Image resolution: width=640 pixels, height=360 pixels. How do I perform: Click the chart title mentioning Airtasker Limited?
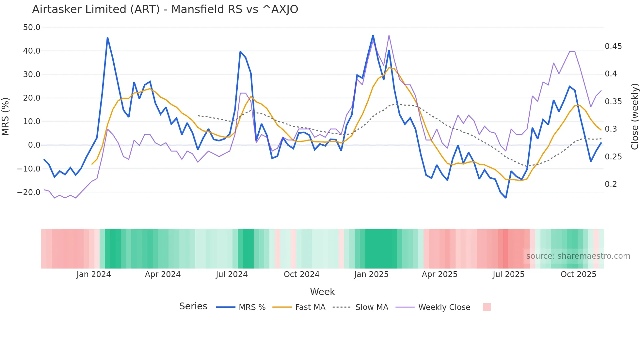click(165, 9)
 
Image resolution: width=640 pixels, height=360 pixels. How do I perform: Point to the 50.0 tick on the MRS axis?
click(32, 27)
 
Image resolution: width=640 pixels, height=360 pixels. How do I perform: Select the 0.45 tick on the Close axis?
click(613, 46)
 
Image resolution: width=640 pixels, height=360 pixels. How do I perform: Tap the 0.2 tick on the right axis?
click(611, 184)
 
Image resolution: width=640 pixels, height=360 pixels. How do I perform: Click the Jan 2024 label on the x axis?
click(93, 274)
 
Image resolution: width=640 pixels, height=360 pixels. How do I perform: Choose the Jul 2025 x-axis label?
click(508, 274)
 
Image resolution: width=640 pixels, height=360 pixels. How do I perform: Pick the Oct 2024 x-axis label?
click(301, 274)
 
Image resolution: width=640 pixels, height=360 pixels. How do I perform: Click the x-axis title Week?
click(322, 292)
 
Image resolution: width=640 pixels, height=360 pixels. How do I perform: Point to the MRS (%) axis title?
click(6, 116)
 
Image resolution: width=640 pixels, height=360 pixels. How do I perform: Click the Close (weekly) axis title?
click(634, 116)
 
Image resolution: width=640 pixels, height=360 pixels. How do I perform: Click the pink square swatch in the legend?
click(487, 307)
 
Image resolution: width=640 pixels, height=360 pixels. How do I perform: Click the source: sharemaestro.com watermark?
click(578, 256)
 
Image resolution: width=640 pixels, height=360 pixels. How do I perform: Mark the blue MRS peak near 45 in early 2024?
click(107, 38)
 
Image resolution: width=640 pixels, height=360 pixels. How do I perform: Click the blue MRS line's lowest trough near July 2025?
click(505, 198)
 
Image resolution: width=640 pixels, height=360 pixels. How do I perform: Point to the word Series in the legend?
click(193, 306)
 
